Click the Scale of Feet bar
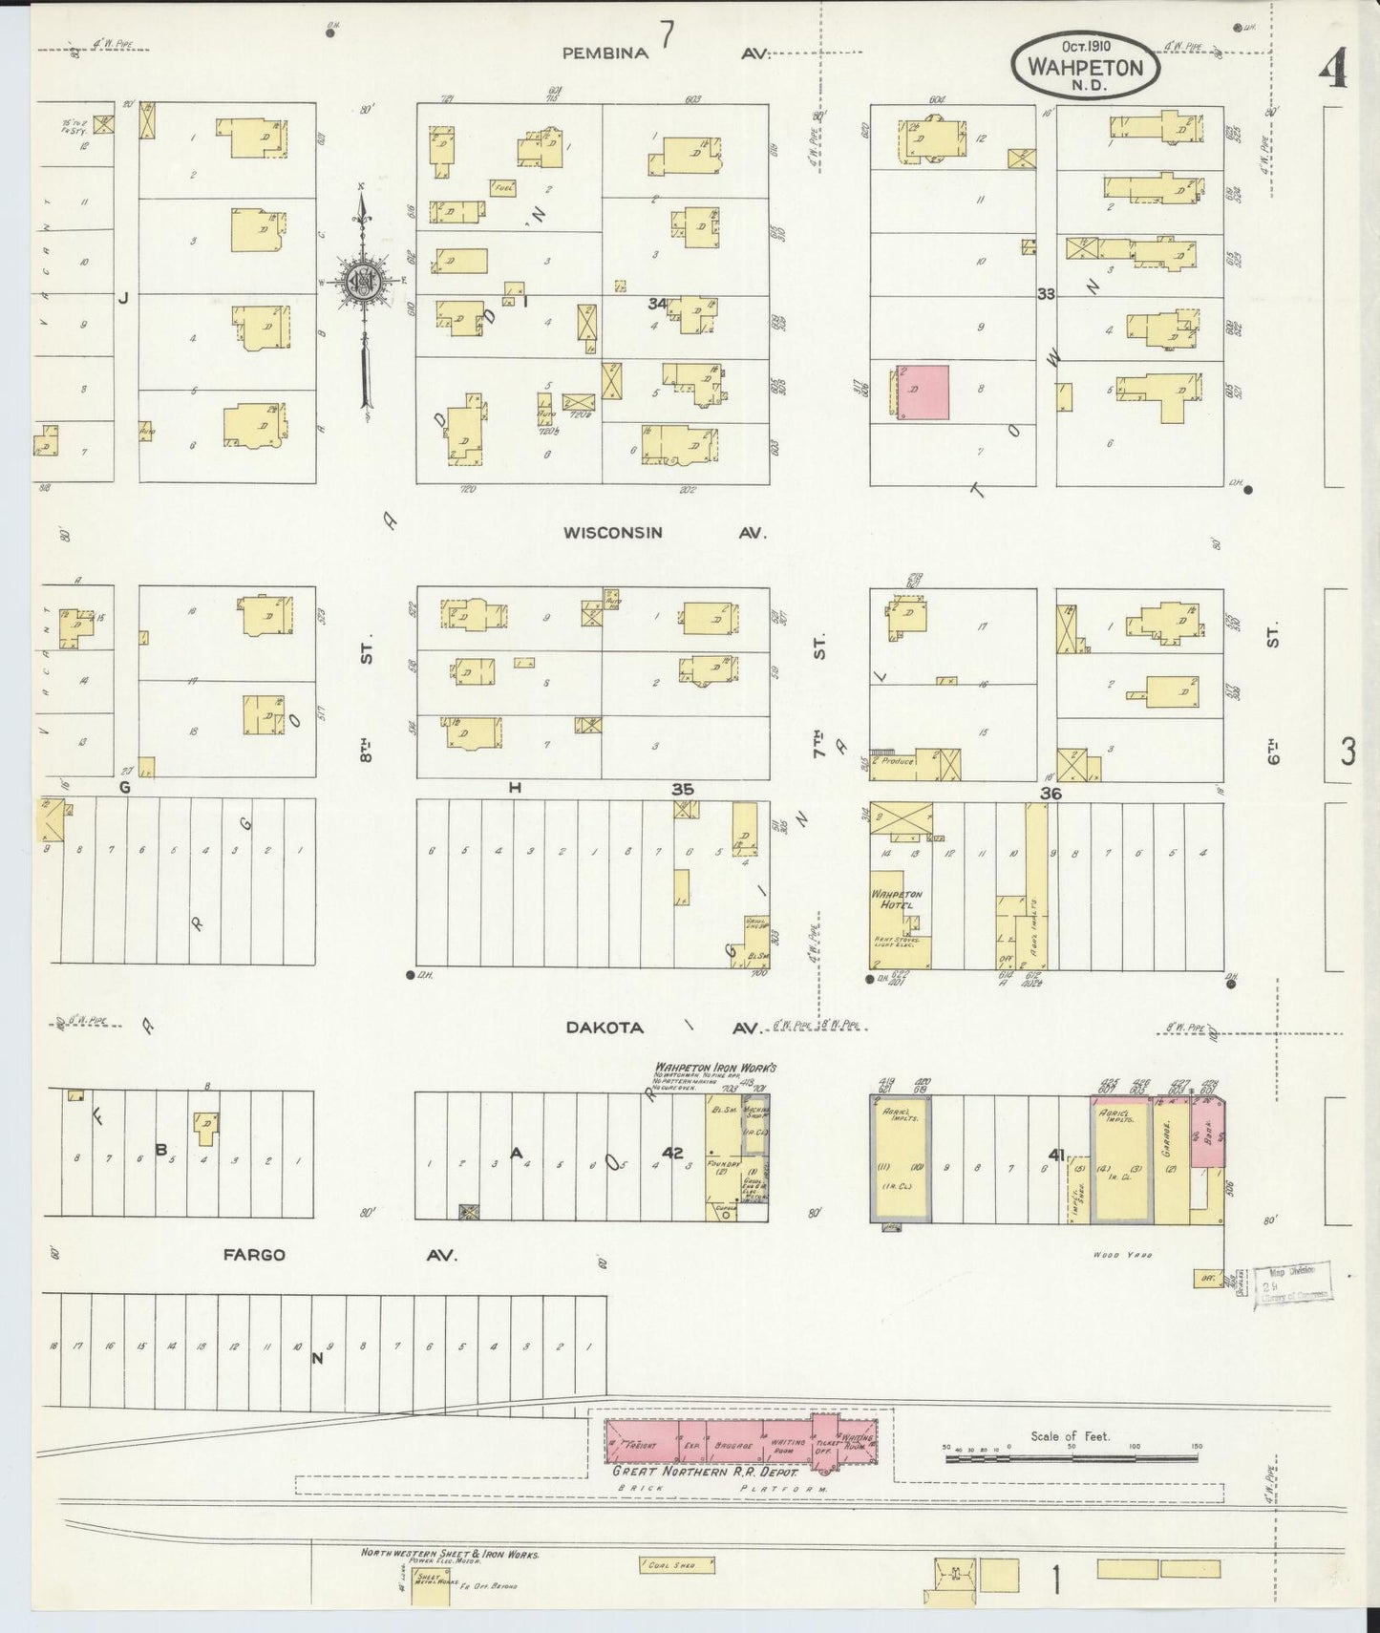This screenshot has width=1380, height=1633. click(x=1070, y=1458)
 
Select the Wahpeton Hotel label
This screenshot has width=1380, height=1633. click(x=892, y=900)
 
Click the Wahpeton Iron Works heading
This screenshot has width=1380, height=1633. click(x=715, y=1067)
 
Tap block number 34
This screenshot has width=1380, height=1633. click(x=656, y=303)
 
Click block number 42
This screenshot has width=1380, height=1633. click(x=673, y=1153)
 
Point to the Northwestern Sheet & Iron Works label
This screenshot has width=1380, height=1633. click(x=450, y=1554)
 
